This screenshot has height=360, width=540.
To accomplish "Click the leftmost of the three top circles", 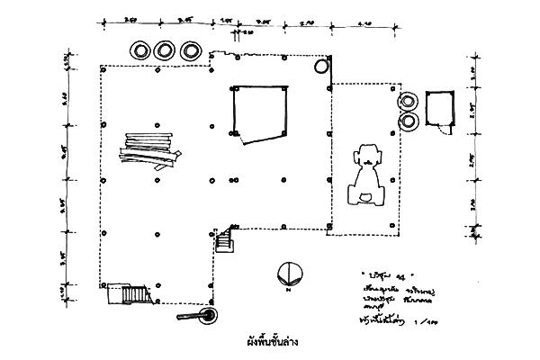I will (x=140, y=50).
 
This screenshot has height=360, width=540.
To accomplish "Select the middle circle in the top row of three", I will (x=165, y=50).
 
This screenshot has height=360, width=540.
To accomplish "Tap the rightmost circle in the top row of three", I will (x=189, y=50).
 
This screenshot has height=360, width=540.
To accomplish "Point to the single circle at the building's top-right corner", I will (x=321, y=66).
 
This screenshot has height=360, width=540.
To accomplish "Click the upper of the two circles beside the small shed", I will (x=409, y=103).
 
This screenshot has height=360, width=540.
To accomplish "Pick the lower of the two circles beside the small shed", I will (x=409, y=120).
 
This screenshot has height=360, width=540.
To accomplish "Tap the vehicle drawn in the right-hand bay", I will (x=367, y=175).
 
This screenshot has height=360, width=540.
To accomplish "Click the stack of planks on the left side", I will (x=151, y=151).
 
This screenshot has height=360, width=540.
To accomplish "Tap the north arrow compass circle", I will (x=288, y=272).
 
